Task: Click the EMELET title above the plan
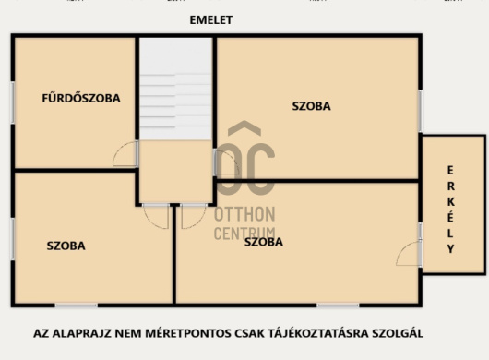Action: pos(211,20)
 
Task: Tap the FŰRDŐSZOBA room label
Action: pos(81,98)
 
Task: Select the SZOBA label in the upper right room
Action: pos(311,106)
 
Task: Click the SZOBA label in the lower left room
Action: pos(66,246)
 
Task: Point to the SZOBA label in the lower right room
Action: pos(264,242)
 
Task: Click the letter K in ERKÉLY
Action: pos(450,202)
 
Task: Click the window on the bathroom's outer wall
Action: pos(13,102)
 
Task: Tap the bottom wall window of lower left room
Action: pos(76,306)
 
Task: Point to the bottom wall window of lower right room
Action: pos(338,306)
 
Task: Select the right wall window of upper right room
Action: pos(420,111)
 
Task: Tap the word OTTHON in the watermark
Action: pos(244,214)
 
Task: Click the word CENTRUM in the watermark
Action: pos(244,233)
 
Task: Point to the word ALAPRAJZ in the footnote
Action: pos(82,333)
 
